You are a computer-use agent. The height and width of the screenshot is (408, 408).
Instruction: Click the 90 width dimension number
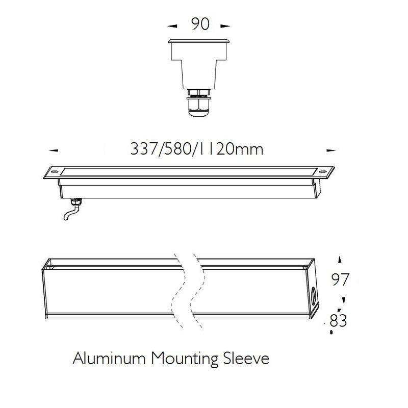coord(200,24)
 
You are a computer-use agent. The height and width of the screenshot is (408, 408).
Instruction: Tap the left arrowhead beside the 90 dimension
coord(172,26)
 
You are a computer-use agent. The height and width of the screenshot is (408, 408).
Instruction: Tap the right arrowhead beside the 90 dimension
coord(225,26)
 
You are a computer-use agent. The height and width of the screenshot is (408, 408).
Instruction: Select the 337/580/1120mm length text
coord(197,149)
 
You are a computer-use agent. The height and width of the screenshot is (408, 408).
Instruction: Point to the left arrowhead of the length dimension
coord(54,150)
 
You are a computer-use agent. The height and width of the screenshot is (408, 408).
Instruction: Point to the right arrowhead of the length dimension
coord(331,150)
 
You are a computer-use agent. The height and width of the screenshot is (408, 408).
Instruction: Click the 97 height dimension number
coord(340,279)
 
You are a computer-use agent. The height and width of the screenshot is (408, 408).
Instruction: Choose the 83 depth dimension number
coord(338,320)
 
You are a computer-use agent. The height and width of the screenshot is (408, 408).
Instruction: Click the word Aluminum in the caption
coord(109,359)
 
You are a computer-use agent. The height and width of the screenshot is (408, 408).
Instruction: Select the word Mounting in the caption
coord(185,360)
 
